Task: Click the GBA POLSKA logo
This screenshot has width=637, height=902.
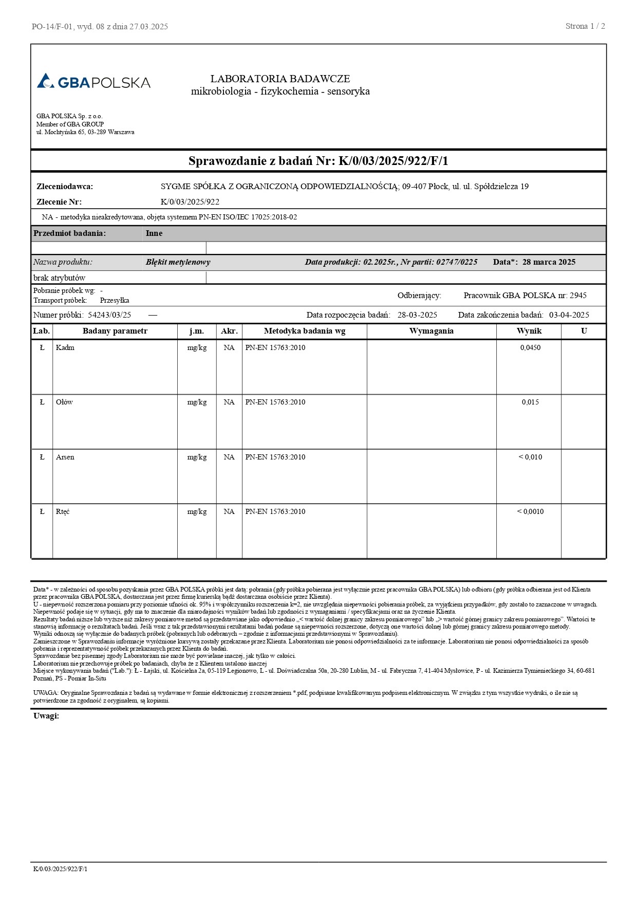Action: click(93, 82)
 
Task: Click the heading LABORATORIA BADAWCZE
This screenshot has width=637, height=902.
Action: click(280, 79)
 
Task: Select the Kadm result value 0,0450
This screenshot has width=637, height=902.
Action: click(530, 348)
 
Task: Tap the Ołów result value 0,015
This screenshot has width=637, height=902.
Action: click(530, 402)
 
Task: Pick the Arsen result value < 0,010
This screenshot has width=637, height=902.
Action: click(530, 457)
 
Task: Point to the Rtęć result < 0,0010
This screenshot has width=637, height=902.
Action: click(530, 512)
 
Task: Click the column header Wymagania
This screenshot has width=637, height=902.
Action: click(431, 331)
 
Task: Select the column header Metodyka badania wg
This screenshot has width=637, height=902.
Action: click(304, 331)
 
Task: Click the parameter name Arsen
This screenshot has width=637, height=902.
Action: click(65, 457)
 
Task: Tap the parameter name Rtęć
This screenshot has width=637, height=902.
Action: click(63, 512)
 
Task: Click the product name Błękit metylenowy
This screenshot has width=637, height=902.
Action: click(178, 262)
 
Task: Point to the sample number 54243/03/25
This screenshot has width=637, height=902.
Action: click(109, 315)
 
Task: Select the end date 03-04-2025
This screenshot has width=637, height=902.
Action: click(569, 315)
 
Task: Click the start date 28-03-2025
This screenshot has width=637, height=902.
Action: click(417, 315)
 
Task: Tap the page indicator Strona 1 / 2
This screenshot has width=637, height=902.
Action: click(585, 26)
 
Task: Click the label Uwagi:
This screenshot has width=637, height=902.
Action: click(46, 716)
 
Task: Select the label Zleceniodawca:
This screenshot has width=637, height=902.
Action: click(65, 187)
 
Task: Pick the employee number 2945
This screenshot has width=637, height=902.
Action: click(577, 296)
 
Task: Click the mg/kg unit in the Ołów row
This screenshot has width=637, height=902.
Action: click(197, 402)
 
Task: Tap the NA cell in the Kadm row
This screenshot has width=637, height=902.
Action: click(229, 348)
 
